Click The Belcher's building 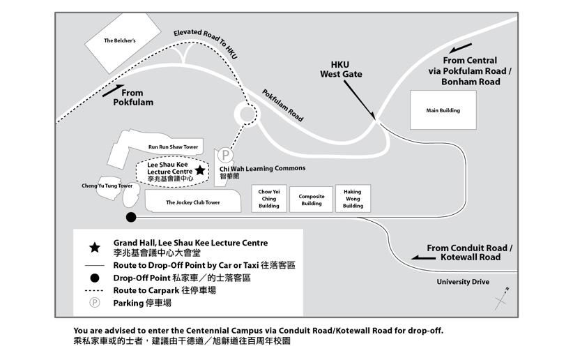(120, 40)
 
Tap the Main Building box (443, 110)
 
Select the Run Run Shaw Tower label (173, 147)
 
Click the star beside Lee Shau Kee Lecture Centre (200, 170)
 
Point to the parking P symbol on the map (224, 156)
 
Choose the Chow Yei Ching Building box (269, 199)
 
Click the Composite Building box (312, 200)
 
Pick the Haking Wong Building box (353, 199)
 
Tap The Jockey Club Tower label (192, 202)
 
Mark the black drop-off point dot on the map (130, 218)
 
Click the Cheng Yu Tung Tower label (107, 186)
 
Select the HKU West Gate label (341, 69)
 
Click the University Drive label (463, 282)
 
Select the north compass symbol (501, 299)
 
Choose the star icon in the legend (95, 247)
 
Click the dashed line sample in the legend (95, 290)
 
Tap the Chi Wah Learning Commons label (262, 168)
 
